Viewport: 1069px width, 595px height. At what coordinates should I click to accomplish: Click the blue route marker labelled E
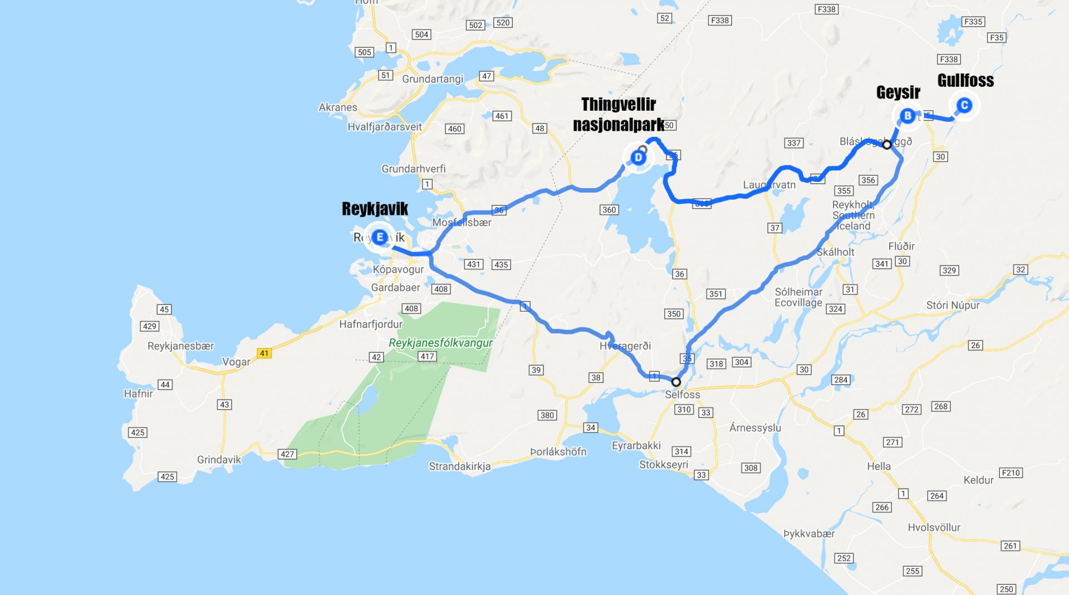pyautogui.click(x=380, y=238)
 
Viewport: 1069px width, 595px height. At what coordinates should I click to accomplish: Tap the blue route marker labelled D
pyautogui.click(x=638, y=158)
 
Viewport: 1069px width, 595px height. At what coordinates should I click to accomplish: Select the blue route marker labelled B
pyautogui.click(x=908, y=116)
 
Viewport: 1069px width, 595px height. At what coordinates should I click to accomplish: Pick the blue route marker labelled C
pyautogui.click(x=964, y=105)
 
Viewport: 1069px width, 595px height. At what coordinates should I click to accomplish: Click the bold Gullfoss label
pyautogui.click(x=965, y=81)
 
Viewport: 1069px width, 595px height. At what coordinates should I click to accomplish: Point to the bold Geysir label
pyautogui.click(x=898, y=92)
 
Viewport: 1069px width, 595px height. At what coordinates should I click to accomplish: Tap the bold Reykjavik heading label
pyautogui.click(x=375, y=209)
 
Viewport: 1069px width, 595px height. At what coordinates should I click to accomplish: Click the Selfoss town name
pyautogui.click(x=683, y=395)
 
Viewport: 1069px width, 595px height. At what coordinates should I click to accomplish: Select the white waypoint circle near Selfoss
pyautogui.click(x=676, y=382)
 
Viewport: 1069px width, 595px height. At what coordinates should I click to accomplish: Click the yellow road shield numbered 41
pyautogui.click(x=264, y=353)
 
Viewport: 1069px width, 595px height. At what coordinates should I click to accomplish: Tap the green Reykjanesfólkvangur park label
pyautogui.click(x=440, y=343)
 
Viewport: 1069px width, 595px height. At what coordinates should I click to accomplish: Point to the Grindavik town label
pyautogui.click(x=219, y=460)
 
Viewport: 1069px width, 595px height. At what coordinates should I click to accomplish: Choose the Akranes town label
pyautogui.click(x=338, y=107)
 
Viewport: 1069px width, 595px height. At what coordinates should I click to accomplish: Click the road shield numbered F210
pyautogui.click(x=1011, y=473)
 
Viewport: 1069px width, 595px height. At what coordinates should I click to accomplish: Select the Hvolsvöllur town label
pyautogui.click(x=934, y=527)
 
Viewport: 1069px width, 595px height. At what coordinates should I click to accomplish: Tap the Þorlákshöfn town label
pyautogui.click(x=558, y=451)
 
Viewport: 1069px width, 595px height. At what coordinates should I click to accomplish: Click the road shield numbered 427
pyautogui.click(x=287, y=454)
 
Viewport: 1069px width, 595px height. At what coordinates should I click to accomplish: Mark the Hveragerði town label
pyautogui.click(x=625, y=346)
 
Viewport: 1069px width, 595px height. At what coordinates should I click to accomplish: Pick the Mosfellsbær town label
pyautogui.click(x=462, y=223)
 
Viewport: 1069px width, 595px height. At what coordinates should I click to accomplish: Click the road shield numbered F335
pyautogui.click(x=973, y=22)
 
